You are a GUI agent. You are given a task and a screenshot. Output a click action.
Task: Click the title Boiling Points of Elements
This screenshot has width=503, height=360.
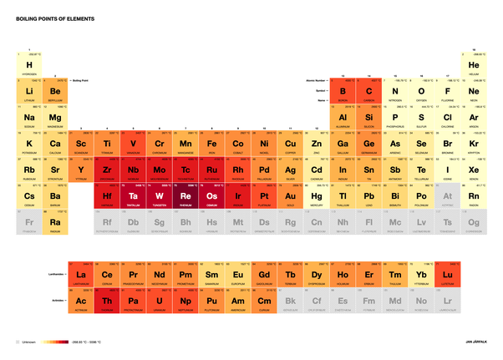point(54,17)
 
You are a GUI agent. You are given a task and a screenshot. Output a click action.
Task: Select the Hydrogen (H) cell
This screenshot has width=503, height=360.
point(29,64)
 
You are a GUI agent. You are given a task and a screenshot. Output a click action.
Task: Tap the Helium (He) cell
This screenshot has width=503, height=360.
point(473,64)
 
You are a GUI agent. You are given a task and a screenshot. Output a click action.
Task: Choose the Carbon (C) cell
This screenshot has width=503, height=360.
point(368,90)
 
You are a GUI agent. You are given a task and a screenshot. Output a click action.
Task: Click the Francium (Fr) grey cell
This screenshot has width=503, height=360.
point(29,223)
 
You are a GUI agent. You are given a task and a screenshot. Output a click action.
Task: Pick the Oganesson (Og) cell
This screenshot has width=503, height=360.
point(473,223)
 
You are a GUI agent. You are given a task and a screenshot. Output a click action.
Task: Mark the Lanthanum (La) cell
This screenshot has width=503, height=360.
point(81,275)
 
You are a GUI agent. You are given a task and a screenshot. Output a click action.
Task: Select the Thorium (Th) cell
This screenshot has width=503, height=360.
point(107,302)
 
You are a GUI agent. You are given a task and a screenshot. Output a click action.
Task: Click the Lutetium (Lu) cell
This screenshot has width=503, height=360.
point(447,275)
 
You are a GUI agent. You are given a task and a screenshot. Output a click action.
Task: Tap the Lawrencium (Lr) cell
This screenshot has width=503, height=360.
point(447,302)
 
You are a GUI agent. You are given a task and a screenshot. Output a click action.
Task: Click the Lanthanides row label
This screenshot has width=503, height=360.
point(56,273)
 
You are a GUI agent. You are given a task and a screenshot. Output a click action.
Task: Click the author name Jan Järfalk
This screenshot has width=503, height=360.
point(475,342)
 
